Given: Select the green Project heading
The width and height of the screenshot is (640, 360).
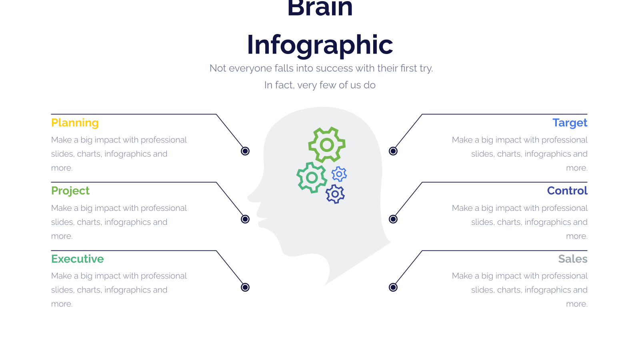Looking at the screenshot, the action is click(x=70, y=191).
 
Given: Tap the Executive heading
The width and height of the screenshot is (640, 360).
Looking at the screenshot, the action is click(x=78, y=259).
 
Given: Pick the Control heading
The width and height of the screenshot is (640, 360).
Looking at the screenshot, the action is click(x=567, y=190).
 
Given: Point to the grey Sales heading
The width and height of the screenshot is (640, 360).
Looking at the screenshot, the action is click(x=573, y=259).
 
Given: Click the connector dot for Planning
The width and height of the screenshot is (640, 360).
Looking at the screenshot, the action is click(x=245, y=151).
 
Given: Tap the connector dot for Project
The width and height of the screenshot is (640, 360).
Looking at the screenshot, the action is click(x=245, y=219).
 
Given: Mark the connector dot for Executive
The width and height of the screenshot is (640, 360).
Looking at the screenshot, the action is click(x=245, y=287).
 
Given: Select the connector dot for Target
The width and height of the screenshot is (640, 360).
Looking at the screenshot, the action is click(x=393, y=151).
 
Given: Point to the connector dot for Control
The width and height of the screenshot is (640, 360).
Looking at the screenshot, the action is click(x=393, y=219).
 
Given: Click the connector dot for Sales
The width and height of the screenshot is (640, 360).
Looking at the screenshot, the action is click(x=393, y=287).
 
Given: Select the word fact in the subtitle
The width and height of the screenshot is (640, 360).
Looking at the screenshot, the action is click(x=284, y=85).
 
